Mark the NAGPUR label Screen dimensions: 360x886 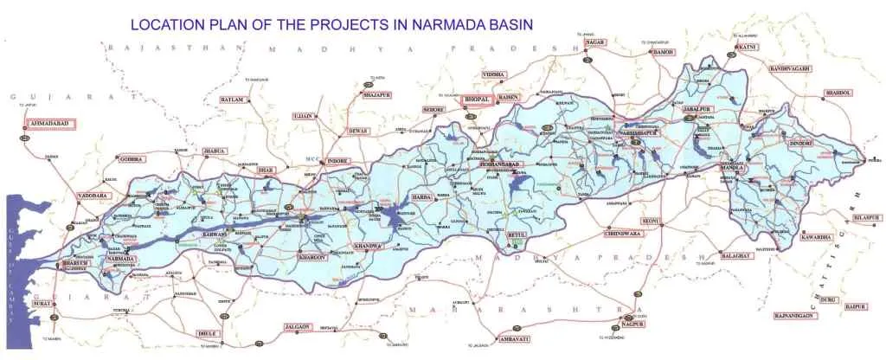pos(632,324)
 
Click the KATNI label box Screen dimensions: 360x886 pos(747,46)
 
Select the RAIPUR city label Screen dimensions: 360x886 pos(856,306)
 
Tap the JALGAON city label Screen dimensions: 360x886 pos(298,326)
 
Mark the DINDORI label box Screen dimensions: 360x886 pos(800,142)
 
